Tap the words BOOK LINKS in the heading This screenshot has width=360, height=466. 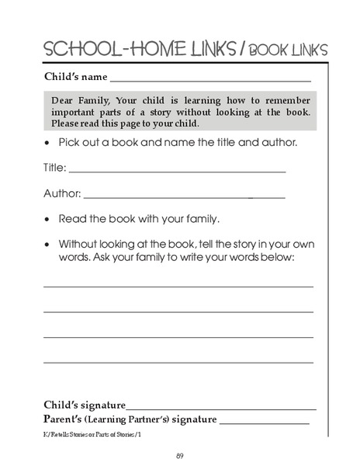[x=289, y=50]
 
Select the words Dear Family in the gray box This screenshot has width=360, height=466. [x=80, y=100]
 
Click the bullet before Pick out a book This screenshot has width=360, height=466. [x=48, y=144]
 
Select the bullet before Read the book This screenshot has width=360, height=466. [x=48, y=218]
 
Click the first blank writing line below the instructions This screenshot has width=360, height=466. [x=178, y=287]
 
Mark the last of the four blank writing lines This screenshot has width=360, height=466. [x=178, y=362]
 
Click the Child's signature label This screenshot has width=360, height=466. [x=84, y=405]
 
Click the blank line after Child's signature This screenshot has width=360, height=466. [x=221, y=408]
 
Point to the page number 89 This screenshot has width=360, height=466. [x=179, y=454]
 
